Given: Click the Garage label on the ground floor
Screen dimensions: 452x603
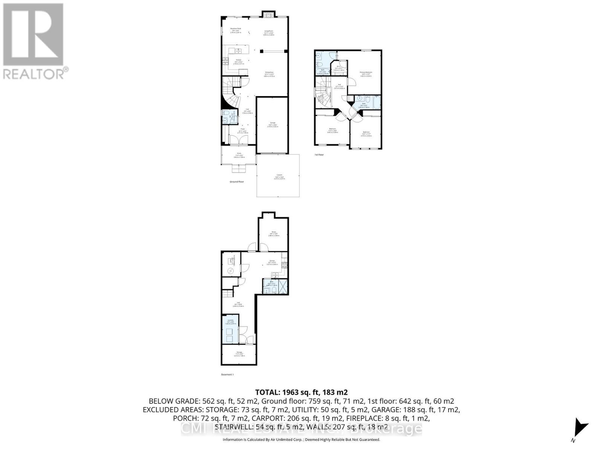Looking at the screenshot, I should click(x=272, y=123).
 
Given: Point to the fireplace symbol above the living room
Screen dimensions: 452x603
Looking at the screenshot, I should click(x=268, y=15).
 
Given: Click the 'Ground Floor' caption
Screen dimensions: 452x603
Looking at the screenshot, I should click(x=237, y=182).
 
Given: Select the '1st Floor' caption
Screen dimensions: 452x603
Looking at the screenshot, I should click(x=319, y=154).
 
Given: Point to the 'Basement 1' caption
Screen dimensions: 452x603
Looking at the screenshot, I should click(x=227, y=374).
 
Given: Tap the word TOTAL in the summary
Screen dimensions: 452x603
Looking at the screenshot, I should click(x=269, y=392).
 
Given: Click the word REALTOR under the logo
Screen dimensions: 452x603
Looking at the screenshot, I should click(x=34, y=73).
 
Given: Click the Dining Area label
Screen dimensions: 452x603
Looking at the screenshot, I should click(x=269, y=72).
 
